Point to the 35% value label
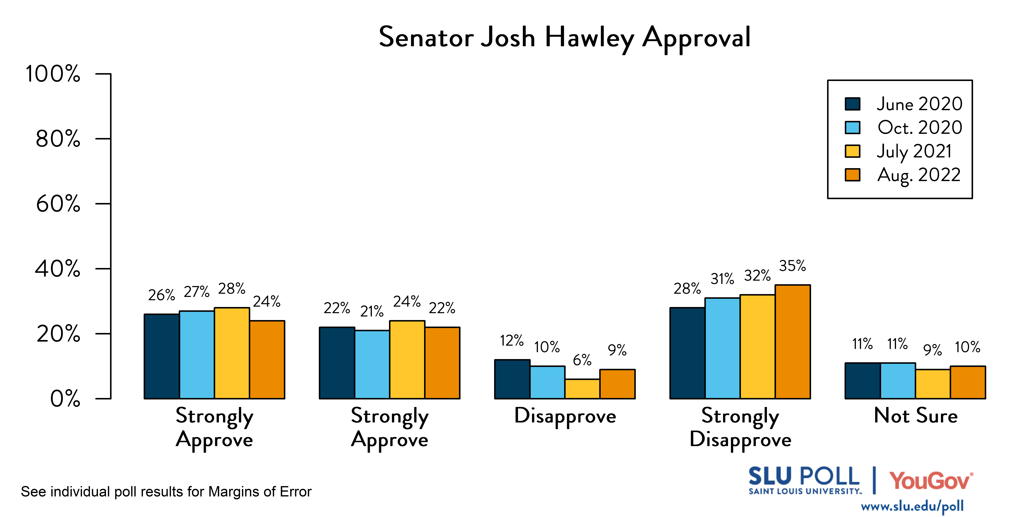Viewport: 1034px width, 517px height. point(792,266)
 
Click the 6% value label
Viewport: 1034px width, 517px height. point(582,360)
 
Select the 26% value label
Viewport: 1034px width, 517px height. point(161,295)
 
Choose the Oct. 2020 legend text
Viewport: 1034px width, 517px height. point(920,128)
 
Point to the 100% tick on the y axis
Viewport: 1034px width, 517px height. point(53,74)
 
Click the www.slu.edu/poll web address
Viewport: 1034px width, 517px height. point(912,506)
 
